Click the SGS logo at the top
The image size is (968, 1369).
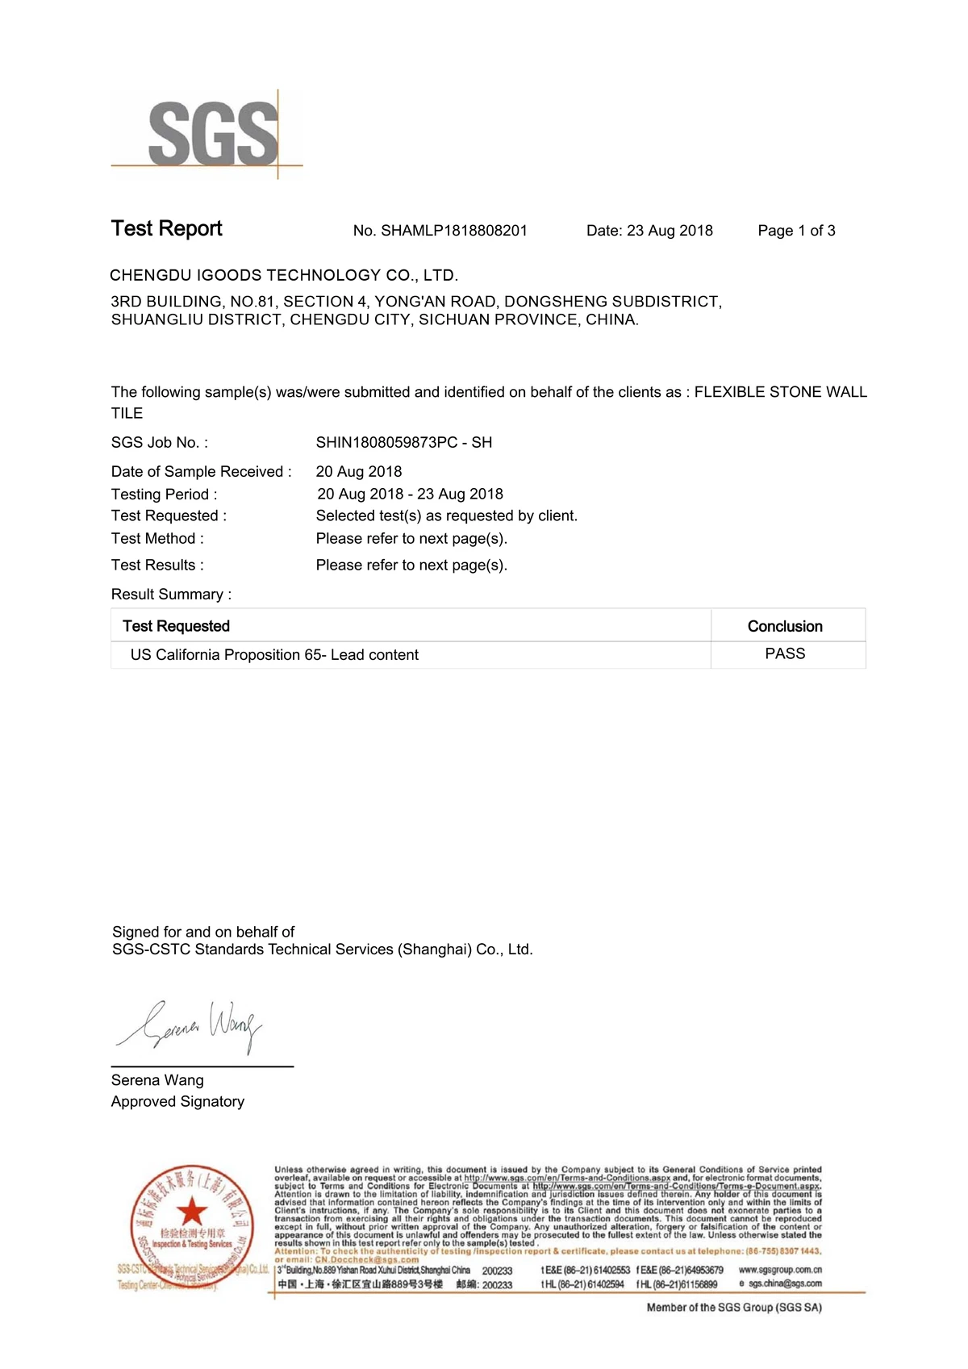click(211, 134)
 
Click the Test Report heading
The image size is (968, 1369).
click(167, 228)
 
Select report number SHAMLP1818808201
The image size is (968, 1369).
click(454, 231)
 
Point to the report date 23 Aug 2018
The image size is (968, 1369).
click(670, 231)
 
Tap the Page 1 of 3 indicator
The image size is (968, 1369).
click(796, 231)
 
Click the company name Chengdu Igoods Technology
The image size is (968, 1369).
click(284, 275)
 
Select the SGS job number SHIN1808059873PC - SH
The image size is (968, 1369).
click(403, 442)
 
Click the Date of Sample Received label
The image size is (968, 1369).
click(202, 472)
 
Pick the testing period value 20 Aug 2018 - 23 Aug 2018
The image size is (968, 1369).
click(410, 494)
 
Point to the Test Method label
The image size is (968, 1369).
click(157, 538)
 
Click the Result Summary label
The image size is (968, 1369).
click(171, 595)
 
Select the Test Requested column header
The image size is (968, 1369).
click(176, 626)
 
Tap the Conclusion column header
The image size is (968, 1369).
click(785, 626)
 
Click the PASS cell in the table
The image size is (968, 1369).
click(785, 653)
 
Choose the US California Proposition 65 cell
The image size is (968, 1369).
click(274, 655)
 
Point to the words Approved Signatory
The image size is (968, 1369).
click(177, 1101)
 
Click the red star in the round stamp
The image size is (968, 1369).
click(192, 1211)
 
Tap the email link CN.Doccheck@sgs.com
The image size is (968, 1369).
click(366, 1259)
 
